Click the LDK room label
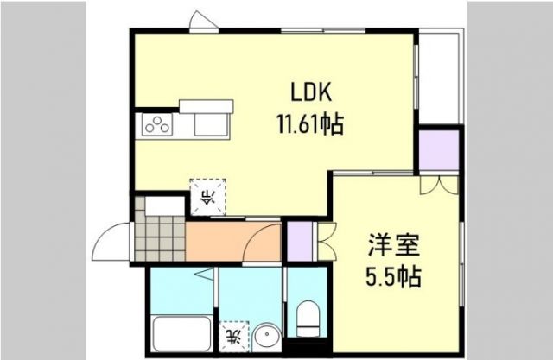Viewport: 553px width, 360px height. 309,93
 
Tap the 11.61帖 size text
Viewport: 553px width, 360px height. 309,124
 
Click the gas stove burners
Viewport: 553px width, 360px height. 157,126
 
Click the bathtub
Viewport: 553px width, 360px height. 181,332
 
